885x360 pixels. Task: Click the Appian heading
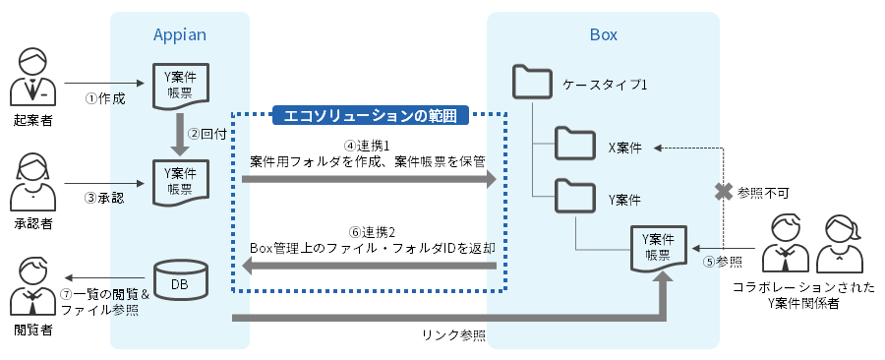point(179,35)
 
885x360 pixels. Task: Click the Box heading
point(603,35)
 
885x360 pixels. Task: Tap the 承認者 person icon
point(32,177)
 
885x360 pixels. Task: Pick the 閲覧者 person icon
point(32,284)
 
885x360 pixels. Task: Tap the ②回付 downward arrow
point(179,134)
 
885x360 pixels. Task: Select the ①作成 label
point(105,98)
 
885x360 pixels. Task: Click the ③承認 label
point(105,197)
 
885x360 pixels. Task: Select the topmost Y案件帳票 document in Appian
point(179,85)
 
